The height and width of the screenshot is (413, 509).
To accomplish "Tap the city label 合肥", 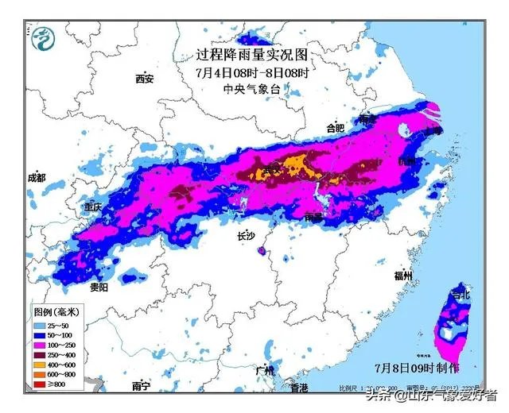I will pos(336,127).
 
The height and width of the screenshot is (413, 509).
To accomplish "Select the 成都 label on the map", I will pos(37,178).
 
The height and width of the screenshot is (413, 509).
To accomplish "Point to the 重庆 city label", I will pos(93,206).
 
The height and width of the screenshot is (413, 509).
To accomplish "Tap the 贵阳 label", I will pos(99,287).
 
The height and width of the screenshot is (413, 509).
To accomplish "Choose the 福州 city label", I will pos(403,276).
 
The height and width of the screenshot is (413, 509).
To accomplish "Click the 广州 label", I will pos(265,371).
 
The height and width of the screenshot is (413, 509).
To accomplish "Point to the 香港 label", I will pos(299,388).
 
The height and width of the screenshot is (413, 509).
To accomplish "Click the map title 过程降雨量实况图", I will pos(251,55).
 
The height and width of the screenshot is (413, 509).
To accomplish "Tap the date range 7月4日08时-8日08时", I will pos(251,72).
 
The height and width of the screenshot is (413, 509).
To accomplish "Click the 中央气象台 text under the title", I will pos(251,89).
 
